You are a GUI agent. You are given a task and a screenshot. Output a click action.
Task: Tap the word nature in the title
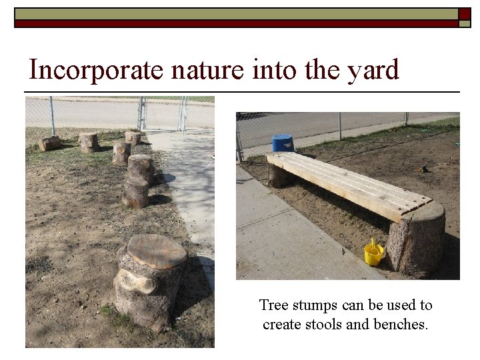point(184,69)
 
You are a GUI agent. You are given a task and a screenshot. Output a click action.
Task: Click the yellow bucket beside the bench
point(374,253)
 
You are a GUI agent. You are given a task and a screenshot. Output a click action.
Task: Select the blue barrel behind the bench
point(283,143)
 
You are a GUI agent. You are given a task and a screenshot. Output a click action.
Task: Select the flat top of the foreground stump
point(156,250)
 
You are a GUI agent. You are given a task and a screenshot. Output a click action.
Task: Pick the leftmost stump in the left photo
point(50,143)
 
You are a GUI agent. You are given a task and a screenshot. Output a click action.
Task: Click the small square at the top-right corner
point(465,14)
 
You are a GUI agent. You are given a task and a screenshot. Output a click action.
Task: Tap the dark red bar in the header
point(233,23)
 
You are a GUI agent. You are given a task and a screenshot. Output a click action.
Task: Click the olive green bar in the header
point(233,13)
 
